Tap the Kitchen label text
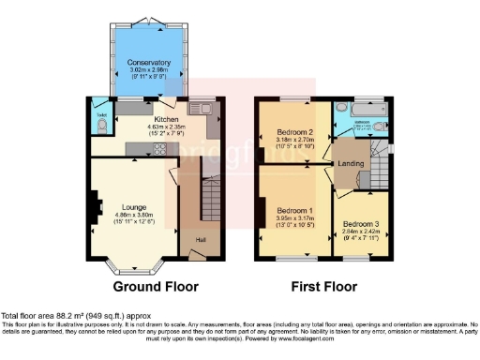[x=167, y=120]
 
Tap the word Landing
[x=351, y=165]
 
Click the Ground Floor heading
[x=155, y=285]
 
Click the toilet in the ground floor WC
[x=100, y=127]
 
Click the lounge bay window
[x=140, y=266]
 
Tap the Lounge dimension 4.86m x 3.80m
[x=135, y=215]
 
